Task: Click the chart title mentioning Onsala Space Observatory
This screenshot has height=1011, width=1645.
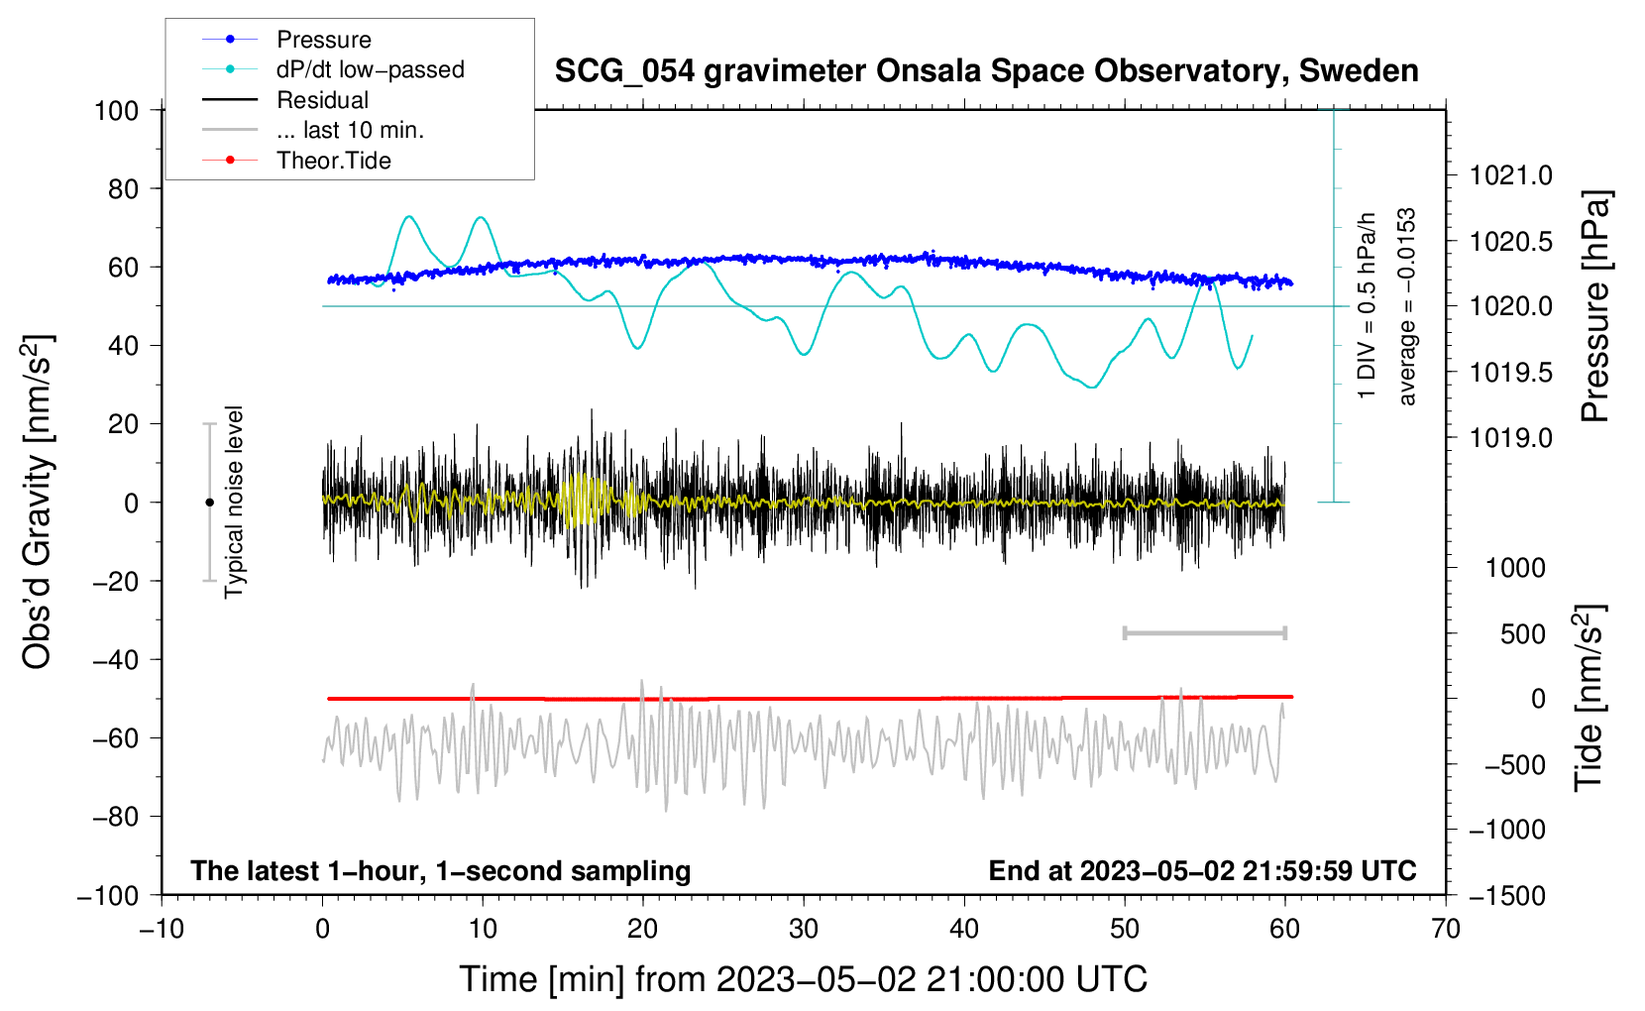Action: [x=986, y=71]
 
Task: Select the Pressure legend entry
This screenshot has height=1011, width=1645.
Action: [x=323, y=40]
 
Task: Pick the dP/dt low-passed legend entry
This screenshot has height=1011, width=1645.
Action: [x=370, y=69]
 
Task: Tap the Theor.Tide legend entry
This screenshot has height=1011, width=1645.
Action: [x=333, y=161]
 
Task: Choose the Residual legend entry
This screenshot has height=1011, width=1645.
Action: [x=322, y=100]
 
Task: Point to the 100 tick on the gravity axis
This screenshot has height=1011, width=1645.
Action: [x=116, y=110]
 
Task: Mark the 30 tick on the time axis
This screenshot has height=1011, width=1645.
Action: [x=804, y=929]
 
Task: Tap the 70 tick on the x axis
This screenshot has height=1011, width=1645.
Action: [x=1446, y=929]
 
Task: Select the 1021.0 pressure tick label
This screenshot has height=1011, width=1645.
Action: [x=1511, y=175]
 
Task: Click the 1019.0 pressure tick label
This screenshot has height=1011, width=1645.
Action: [x=1511, y=437]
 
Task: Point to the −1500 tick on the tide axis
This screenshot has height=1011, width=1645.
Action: [x=1507, y=895]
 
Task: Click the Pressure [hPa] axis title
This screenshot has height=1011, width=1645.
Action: [x=1594, y=307]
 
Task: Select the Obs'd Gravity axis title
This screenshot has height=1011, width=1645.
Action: [x=38, y=503]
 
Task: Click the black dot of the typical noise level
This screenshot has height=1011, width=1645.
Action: [x=209, y=503]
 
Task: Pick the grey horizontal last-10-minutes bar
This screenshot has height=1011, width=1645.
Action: [x=1204, y=632]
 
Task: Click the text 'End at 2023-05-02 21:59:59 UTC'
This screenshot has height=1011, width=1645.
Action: [x=1202, y=870]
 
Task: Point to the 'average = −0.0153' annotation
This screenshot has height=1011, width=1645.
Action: [x=1407, y=307]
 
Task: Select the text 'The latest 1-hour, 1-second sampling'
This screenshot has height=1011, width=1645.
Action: [x=441, y=870]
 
